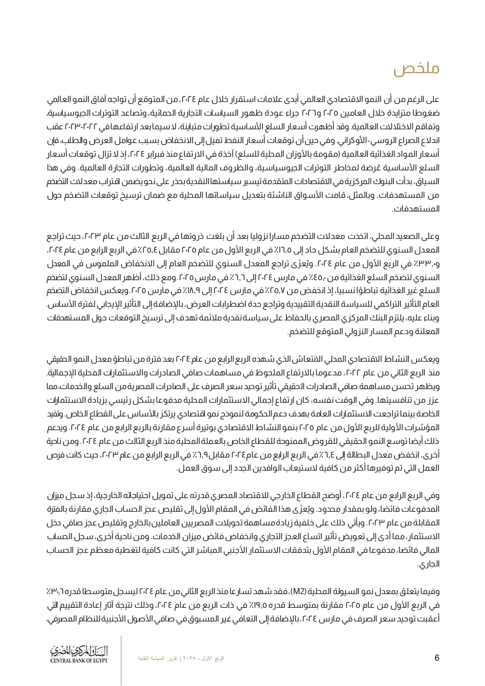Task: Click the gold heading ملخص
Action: (416, 70)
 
